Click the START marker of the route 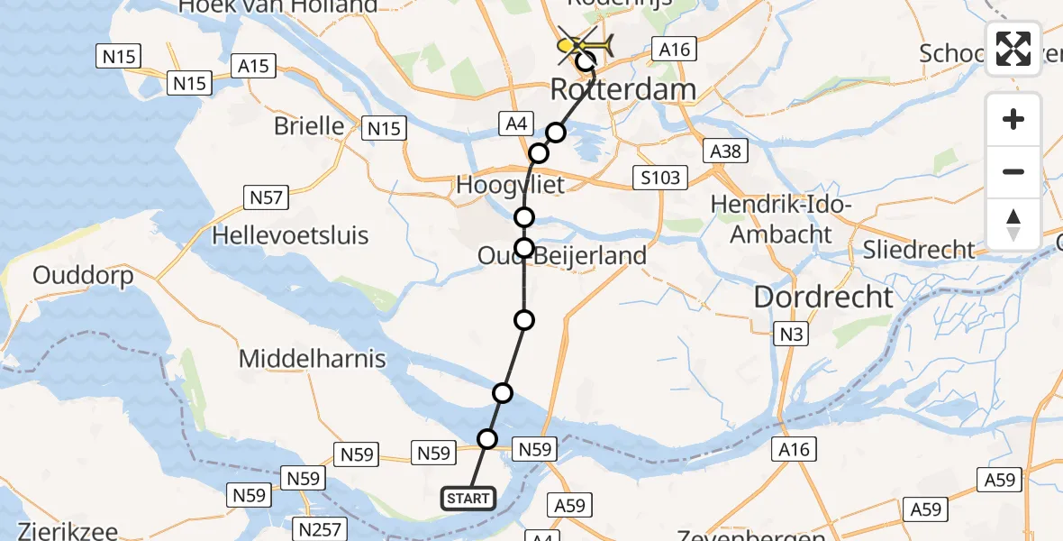[468, 498]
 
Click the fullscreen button [1013, 49]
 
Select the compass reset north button [1013, 225]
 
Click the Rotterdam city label [622, 90]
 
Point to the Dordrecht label [823, 297]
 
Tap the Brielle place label [311, 125]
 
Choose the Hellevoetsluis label [290, 236]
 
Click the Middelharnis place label [312, 359]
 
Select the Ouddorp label [83, 276]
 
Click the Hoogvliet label [511, 186]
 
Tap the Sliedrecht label [918, 250]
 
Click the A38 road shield [726, 151]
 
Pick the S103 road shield [660, 178]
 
